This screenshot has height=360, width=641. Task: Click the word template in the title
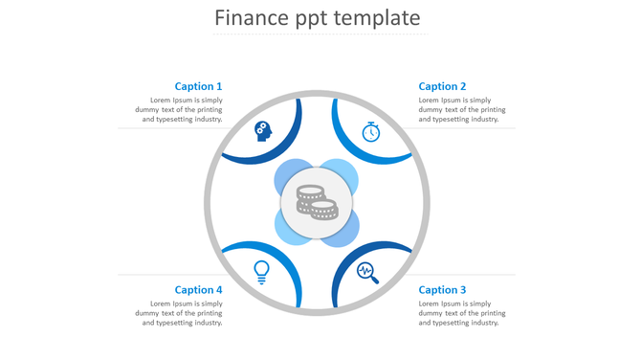pos(378,19)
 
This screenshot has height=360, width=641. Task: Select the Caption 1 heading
pos(198,86)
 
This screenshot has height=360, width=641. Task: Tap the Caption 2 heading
pos(442,86)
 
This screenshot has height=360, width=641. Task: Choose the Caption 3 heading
pos(442,289)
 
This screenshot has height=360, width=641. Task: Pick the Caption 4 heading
pos(198,289)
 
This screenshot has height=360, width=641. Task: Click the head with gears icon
pos(262,131)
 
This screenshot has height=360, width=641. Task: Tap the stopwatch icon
pos(371,131)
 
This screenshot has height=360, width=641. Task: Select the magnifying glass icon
pos(367,273)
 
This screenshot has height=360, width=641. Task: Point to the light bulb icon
pos(261,272)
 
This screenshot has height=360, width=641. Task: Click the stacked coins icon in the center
pos(317,201)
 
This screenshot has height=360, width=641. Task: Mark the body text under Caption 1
pos(179,110)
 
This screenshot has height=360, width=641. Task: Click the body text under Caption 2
pos(461,110)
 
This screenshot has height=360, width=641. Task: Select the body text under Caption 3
pos(461,313)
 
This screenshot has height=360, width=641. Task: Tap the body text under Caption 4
pos(179,313)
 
